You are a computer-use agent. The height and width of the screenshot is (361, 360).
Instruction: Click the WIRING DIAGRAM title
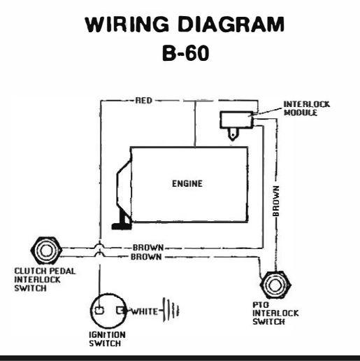[x=185, y=24]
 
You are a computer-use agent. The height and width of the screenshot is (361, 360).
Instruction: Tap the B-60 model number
[x=185, y=53]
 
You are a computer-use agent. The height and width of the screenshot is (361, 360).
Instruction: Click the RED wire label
[x=144, y=101]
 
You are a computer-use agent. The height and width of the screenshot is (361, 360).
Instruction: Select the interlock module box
[x=236, y=120]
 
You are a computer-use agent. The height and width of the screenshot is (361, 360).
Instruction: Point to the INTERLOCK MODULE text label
[x=307, y=108]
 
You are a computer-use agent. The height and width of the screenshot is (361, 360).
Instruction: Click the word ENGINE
[x=187, y=184]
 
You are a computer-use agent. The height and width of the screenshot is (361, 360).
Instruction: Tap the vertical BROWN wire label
[x=276, y=201]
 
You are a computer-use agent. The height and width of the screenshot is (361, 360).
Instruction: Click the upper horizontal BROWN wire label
[x=148, y=248]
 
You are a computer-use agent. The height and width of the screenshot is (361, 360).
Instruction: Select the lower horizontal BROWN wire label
[x=146, y=257]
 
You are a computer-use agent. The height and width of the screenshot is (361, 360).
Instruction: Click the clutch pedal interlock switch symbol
[x=46, y=250]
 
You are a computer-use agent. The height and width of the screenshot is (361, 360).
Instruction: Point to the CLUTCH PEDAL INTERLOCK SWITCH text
[x=45, y=280]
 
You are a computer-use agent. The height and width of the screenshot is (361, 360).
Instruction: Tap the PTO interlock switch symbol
[x=275, y=285]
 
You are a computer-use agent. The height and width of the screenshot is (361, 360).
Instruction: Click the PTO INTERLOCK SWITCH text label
[x=275, y=313]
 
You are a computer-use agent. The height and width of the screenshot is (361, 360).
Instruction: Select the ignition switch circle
[x=109, y=311]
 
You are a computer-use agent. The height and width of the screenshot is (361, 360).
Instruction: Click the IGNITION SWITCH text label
[x=107, y=339]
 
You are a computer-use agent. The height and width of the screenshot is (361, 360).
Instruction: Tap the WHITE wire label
[x=145, y=311]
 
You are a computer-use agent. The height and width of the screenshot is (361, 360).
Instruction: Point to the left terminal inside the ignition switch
[x=99, y=311]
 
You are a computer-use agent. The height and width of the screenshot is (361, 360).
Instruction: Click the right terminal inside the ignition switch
[x=121, y=311]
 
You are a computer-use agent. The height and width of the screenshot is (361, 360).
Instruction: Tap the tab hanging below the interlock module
[x=233, y=134]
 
